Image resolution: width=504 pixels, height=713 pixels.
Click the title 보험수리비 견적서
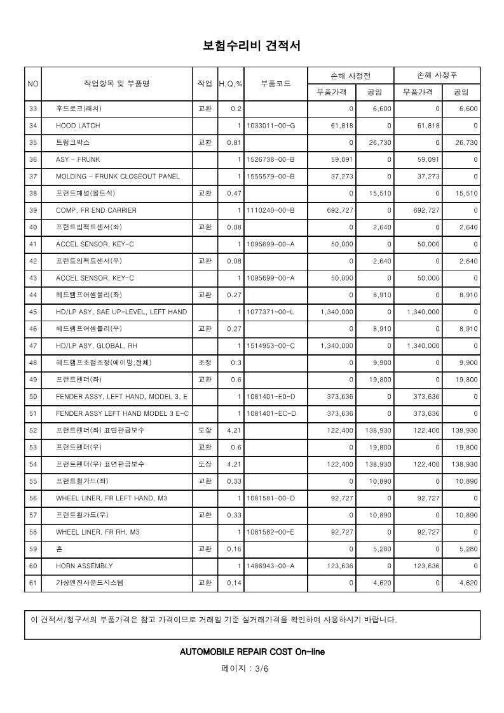click(x=251, y=46)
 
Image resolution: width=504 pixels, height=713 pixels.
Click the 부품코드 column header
click(x=275, y=83)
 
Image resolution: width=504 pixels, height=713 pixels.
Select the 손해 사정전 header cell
click(x=350, y=75)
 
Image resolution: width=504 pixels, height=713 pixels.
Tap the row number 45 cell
click(x=34, y=312)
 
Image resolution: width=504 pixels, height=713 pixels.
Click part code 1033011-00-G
click(x=270, y=126)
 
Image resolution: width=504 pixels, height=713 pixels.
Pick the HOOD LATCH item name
click(x=78, y=126)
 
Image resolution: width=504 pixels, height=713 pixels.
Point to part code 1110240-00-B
click(x=270, y=210)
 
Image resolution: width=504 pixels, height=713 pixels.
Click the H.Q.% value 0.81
click(x=234, y=142)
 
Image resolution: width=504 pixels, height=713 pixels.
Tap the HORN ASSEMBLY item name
click(x=84, y=566)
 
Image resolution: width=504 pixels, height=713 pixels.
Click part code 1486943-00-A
click(x=270, y=566)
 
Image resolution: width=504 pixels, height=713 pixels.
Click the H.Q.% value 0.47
click(x=234, y=193)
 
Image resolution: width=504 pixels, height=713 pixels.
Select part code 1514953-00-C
click(x=270, y=345)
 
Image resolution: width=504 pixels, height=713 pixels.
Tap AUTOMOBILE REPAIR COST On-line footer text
click(x=252, y=651)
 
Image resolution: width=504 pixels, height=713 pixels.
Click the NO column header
click(x=34, y=83)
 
